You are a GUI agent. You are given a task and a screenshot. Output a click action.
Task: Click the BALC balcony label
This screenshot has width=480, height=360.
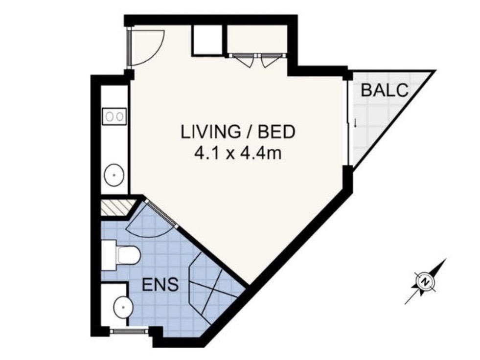click(x=385, y=90)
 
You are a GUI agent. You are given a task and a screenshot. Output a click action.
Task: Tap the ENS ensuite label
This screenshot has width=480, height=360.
click(x=160, y=284)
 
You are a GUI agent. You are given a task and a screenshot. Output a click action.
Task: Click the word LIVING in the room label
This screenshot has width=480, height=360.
click(x=210, y=132)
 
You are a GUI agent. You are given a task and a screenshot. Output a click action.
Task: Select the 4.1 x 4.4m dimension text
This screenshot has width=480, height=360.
click(x=238, y=153)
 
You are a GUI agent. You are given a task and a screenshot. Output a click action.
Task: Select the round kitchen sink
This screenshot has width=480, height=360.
click(x=114, y=175)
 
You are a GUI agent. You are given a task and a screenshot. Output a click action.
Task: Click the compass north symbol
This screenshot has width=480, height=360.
click(x=425, y=281)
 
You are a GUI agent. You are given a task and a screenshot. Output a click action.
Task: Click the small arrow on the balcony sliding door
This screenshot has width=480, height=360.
click(x=355, y=123)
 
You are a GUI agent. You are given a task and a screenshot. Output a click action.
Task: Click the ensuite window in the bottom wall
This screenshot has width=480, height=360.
click(x=129, y=331)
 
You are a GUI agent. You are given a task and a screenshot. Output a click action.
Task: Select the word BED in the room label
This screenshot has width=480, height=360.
click(x=277, y=132)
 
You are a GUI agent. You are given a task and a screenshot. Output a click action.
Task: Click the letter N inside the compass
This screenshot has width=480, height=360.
click(x=425, y=282)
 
